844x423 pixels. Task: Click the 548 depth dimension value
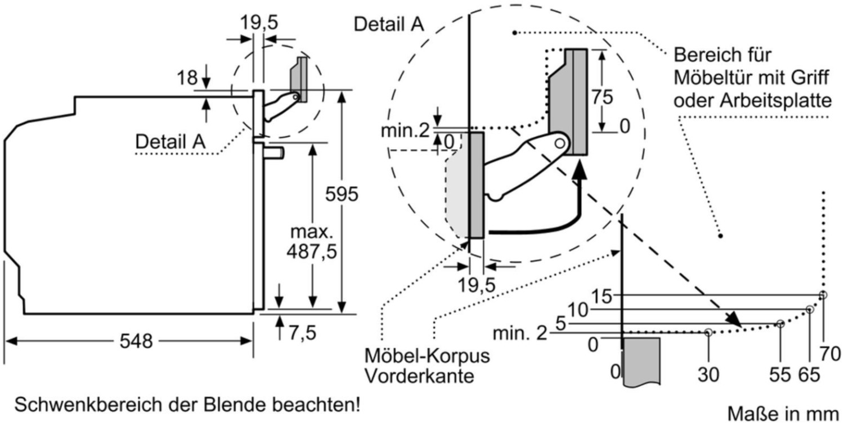pyautogui.click(x=136, y=341)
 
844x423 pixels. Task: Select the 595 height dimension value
pyautogui.click(x=342, y=195)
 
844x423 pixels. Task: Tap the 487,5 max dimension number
pyautogui.click(x=312, y=251)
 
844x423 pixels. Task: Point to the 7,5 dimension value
pyautogui.click(x=302, y=332)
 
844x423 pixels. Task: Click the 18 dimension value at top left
pyautogui.click(x=187, y=78)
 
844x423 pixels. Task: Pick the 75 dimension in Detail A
pyautogui.click(x=602, y=97)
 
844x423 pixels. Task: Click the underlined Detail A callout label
pyautogui.click(x=170, y=142)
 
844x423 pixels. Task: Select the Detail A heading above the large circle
pyautogui.click(x=388, y=25)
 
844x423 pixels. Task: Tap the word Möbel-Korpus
pyautogui.click(x=427, y=355)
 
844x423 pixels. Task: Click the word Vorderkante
pyautogui.click(x=419, y=376)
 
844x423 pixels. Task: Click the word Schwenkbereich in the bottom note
pyautogui.click(x=89, y=405)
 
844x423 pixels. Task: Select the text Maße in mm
pyautogui.click(x=783, y=413)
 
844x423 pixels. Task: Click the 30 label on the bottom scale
pyautogui.click(x=708, y=375)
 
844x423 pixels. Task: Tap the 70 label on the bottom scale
pyautogui.click(x=830, y=354)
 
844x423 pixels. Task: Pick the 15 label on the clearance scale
pyautogui.click(x=601, y=296)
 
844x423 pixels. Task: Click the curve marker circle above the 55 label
pyautogui.click(x=780, y=324)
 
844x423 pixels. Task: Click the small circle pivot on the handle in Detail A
pyautogui.click(x=560, y=143)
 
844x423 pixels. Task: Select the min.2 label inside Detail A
pyautogui.click(x=405, y=130)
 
